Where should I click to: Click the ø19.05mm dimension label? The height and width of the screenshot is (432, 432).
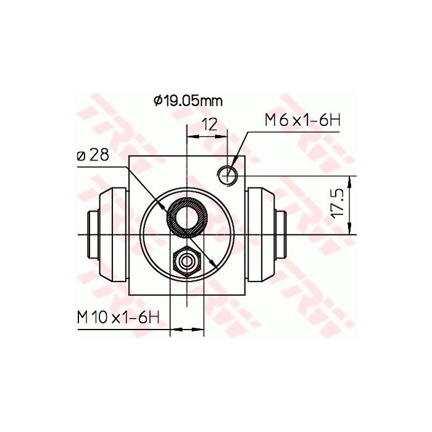coord(188,100)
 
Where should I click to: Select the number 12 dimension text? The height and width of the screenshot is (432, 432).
coord(210,124)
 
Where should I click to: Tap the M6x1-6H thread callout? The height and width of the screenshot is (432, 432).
coord(302,120)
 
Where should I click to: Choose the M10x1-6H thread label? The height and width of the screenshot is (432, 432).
coord(118,317)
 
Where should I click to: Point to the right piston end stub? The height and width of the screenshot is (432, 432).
coord(281,235)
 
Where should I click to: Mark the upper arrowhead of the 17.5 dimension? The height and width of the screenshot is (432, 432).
coord(351,180)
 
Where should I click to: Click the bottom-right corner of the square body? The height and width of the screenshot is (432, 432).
coord(244,294)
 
